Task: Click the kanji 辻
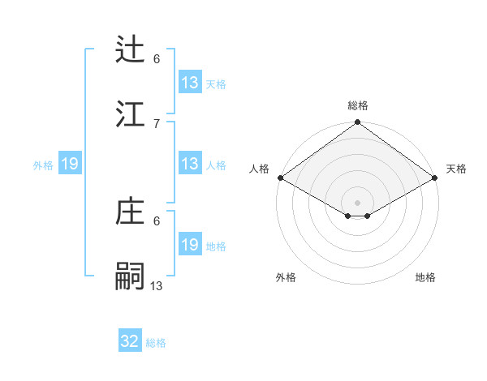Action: click(131, 49)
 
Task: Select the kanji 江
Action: click(131, 113)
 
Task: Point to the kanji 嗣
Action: click(131, 276)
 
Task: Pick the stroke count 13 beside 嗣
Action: click(157, 285)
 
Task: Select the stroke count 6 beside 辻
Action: click(157, 58)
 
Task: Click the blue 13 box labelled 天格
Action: click(190, 82)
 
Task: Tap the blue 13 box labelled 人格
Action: click(190, 164)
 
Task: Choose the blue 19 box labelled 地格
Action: click(190, 245)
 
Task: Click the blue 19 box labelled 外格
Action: click(70, 164)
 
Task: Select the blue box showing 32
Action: click(130, 341)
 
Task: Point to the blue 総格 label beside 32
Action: click(157, 343)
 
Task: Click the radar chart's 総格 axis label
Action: click(357, 105)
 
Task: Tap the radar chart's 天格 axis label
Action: click(456, 169)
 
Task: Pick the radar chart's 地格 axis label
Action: click(425, 277)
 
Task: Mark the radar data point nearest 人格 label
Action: click(279, 177)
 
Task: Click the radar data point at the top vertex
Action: click(357, 123)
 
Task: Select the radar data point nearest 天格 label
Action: click(435, 177)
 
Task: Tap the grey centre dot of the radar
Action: click(357, 202)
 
